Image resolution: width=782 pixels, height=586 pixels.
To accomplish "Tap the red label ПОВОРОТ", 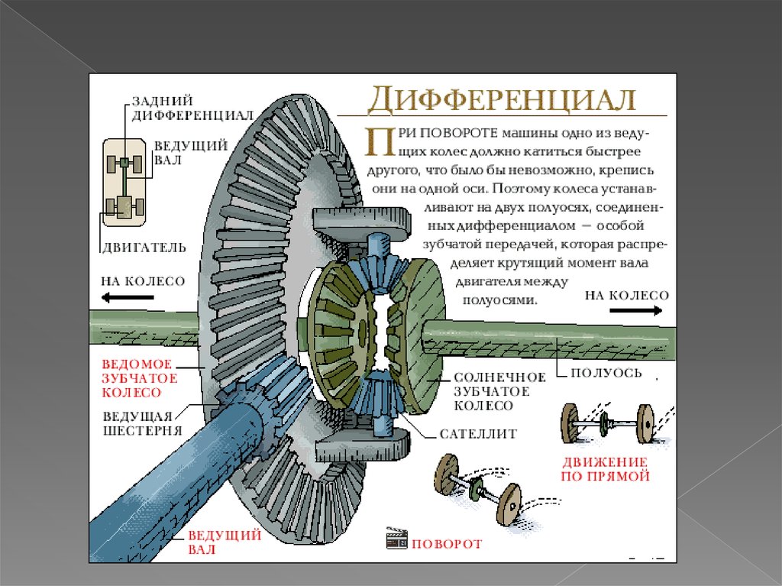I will pyautogui.click(x=447, y=544).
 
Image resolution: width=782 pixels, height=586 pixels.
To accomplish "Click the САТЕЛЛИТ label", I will pyautogui.click(x=478, y=433).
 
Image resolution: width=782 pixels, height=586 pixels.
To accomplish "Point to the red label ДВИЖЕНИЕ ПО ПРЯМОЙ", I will pyautogui.click(x=606, y=468).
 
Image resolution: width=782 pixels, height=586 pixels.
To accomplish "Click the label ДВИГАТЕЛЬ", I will pyautogui.click(x=144, y=247).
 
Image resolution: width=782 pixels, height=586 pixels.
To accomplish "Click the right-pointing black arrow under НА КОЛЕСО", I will pyautogui.click(x=636, y=310).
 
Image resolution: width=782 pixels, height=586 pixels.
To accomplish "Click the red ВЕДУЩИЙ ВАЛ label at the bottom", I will pyautogui.click(x=214, y=542).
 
